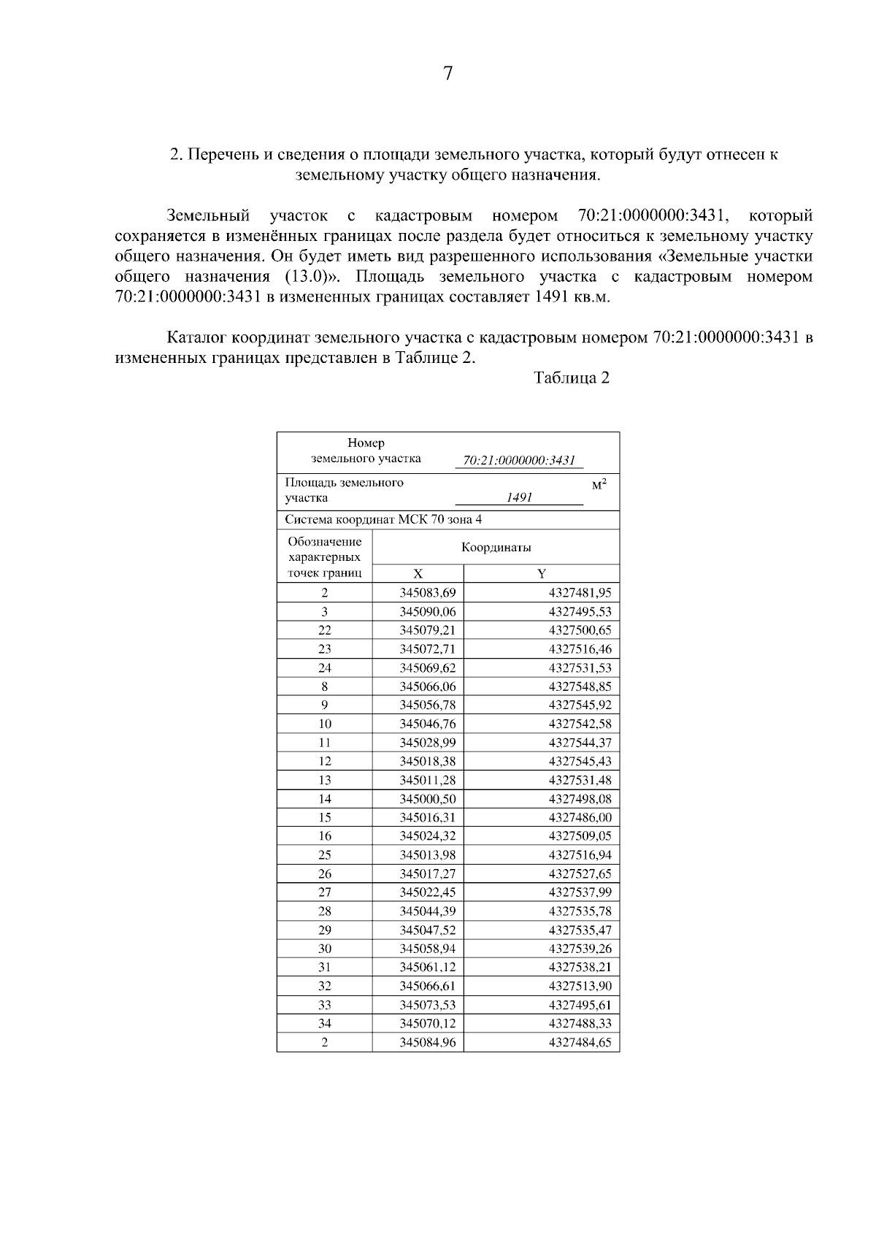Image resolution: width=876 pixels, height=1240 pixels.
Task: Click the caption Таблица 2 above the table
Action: pyautogui.click(x=571, y=378)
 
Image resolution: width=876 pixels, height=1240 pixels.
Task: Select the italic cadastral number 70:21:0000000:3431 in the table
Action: pyautogui.click(x=519, y=460)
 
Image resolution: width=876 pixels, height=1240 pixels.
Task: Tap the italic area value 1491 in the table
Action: pyautogui.click(x=519, y=497)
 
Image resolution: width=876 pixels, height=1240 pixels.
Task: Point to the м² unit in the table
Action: pyautogui.click(x=599, y=484)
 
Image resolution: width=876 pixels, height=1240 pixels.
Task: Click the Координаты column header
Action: pyautogui.click(x=496, y=547)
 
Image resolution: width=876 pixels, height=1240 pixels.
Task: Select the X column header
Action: pyautogui.click(x=418, y=573)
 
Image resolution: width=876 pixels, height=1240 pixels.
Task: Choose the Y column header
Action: pyautogui.click(x=541, y=573)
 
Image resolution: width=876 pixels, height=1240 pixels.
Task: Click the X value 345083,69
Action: pyautogui.click(x=428, y=593)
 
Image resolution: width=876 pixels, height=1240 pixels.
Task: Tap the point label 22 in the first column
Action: pyautogui.click(x=325, y=630)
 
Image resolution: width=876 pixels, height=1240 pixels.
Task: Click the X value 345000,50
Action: pyautogui.click(x=428, y=799)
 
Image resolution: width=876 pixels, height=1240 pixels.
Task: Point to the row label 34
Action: pyautogui.click(x=325, y=1023)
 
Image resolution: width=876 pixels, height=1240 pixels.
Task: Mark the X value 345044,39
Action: pyautogui.click(x=428, y=911)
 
